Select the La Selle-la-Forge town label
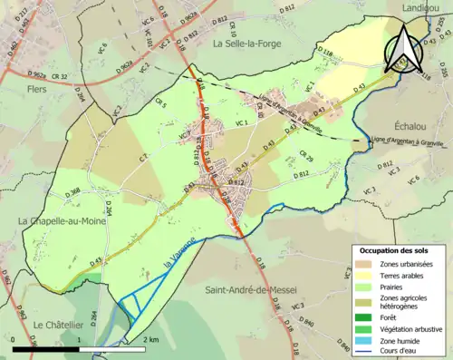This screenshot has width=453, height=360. tap(251, 43)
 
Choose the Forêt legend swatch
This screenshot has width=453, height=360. tap(362, 316)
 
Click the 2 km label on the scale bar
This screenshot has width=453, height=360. tap(150, 339)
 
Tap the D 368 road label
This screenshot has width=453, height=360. tap(74, 190)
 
